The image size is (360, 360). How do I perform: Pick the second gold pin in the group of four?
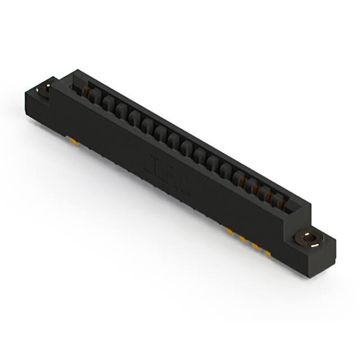pos(244,238)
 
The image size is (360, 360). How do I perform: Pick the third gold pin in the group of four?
pos(256,246)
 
